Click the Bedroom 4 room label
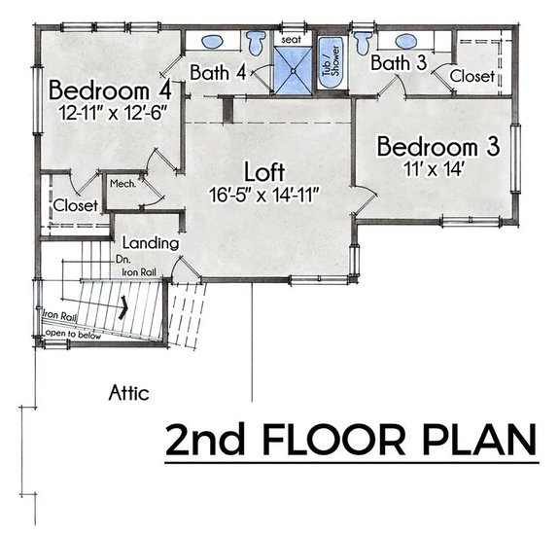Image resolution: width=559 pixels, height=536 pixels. [111, 90]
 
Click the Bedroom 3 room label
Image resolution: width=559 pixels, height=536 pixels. [438, 148]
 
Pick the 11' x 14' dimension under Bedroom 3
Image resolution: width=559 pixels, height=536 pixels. [437, 170]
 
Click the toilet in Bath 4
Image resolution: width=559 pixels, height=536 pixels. [257, 44]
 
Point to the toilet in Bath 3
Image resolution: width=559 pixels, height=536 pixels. [364, 42]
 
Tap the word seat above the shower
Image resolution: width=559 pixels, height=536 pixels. [290, 40]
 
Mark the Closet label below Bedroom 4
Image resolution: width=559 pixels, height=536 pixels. [75, 206]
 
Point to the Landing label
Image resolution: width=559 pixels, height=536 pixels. [149, 242]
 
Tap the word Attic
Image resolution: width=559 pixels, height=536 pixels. [128, 393]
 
